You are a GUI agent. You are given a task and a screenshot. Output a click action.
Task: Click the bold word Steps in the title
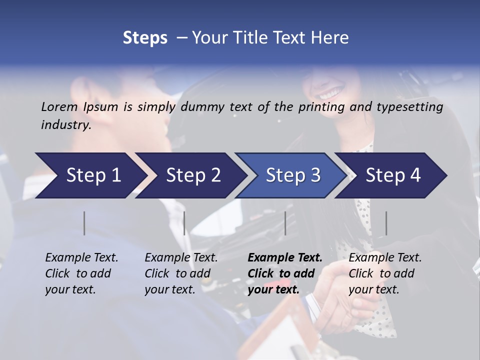[x=145, y=38]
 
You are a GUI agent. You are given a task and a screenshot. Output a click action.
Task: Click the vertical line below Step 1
[x=84, y=223]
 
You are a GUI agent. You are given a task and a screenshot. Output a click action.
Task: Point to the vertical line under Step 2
[x=184, y=223]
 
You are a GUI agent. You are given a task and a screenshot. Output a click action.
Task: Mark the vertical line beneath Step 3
[x=285, y=223]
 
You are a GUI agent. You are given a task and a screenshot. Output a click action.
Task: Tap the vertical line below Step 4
[x=386, y=223]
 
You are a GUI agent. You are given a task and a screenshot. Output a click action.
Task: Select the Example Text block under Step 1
[x=81, y=273]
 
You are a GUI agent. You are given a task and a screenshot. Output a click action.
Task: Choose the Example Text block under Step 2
[x=181, y=273]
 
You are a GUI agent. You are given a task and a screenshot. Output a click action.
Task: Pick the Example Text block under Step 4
[x=385, y=273]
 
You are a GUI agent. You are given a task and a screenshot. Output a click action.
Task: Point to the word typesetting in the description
[x=409, y=107]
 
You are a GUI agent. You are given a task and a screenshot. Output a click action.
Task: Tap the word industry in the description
[x=65, y=125]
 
